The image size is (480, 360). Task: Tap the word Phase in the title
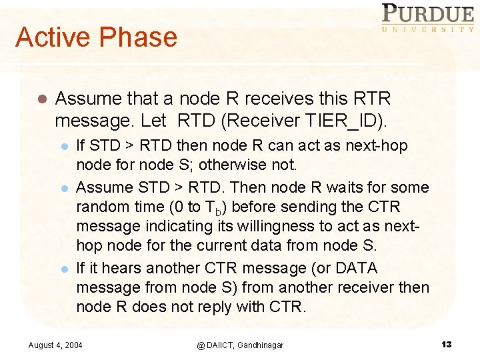coord(139,37)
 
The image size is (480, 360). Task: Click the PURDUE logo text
coord(427,14)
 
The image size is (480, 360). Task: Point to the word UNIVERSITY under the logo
coord(427,29)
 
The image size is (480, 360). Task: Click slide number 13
coord(446,344)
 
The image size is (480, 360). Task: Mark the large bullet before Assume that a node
coord(40,99)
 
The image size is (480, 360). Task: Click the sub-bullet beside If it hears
coord(65,269)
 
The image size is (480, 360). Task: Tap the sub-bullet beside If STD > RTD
coord(65,146)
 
